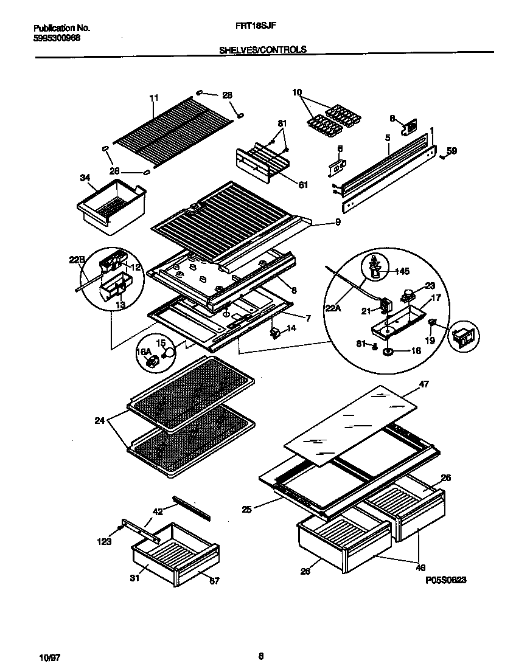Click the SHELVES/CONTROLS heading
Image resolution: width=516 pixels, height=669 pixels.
pos(262,50)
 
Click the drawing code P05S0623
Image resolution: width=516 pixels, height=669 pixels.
pos(445,581)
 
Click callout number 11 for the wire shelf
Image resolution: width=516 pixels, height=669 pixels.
pos(153,97)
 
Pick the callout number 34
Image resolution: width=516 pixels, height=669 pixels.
pos(85,178)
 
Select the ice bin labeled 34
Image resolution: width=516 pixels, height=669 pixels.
pos(111,207)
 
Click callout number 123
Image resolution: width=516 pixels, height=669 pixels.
pos(105,541)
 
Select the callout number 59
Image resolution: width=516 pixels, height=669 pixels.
pos(451,151)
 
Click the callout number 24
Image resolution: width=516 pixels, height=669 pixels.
pos(99,420)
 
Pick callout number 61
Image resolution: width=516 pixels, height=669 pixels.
pos(285,185)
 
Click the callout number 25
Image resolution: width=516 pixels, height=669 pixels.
pos(246,508)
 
